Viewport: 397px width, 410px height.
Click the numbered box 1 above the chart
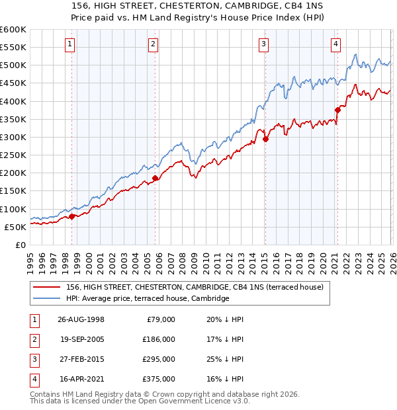click(70, 44)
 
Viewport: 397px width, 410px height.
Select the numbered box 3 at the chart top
click(263, 44)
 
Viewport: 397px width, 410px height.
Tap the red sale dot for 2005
click(155, 178)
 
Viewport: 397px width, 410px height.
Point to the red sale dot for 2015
click(265, 139)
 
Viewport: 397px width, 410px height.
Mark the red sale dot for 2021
click(337, 110)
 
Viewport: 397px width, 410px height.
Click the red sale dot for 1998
click(72, 216)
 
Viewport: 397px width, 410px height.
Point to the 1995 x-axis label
click(30, 261)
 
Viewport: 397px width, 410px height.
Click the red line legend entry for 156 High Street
click(195, 287)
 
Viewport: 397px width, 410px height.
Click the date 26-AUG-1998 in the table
click(81, 319)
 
